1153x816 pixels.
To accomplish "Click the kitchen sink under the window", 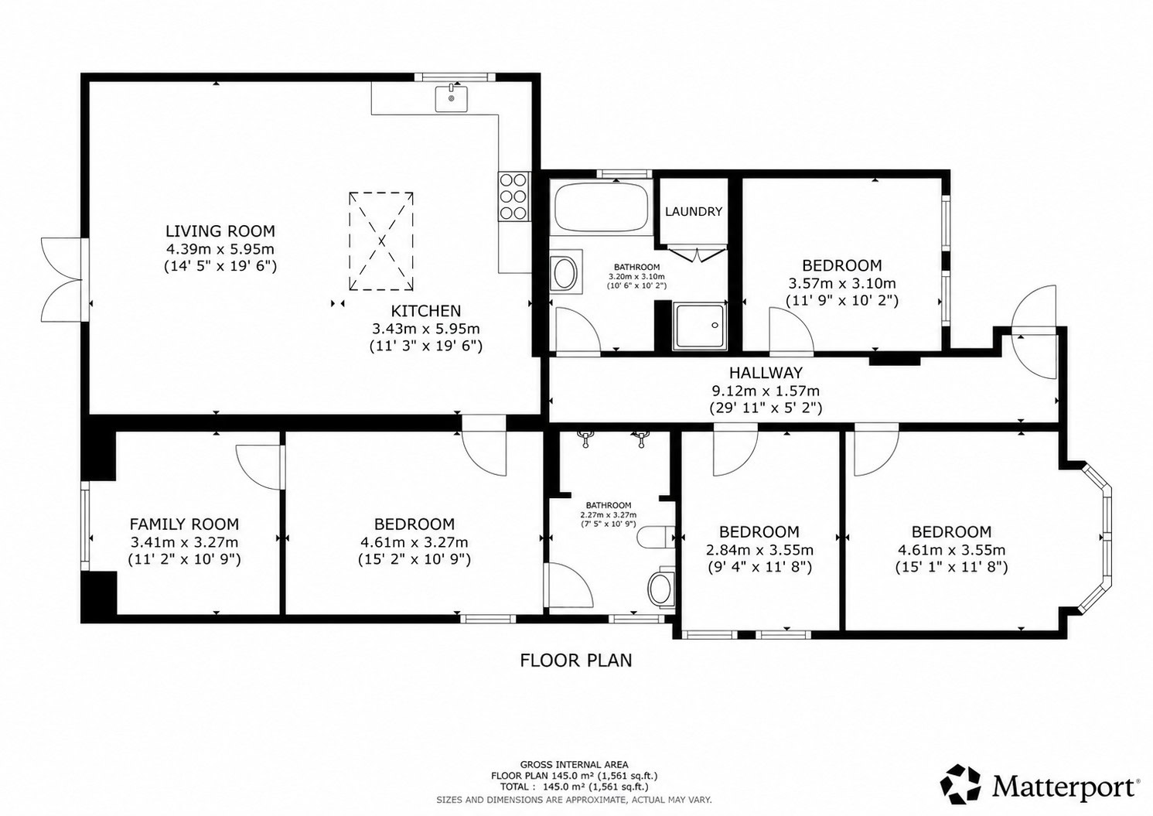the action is tap(452, 98).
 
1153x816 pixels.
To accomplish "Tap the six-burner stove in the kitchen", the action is tap(513, 196).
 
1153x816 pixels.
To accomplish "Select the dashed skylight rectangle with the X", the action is tap(381, 241).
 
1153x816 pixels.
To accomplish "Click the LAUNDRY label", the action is tap(694, 212).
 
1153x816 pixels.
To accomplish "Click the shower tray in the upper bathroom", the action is tap(700, 326).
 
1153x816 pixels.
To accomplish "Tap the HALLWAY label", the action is tap(766, 372).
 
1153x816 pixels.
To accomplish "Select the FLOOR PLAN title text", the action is tap(575, 660).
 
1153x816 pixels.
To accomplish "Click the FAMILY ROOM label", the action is tap(184, 524).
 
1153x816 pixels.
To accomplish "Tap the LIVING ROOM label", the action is tap(220, 230).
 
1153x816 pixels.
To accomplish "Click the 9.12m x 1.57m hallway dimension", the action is tap(766, 391).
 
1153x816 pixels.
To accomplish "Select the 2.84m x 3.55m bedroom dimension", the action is tap(759, 550).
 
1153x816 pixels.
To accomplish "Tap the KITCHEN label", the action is tap(425, 311).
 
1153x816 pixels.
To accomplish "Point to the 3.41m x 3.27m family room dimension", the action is tap(184, 542).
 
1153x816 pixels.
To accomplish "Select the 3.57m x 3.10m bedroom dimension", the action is tap(842, 283).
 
